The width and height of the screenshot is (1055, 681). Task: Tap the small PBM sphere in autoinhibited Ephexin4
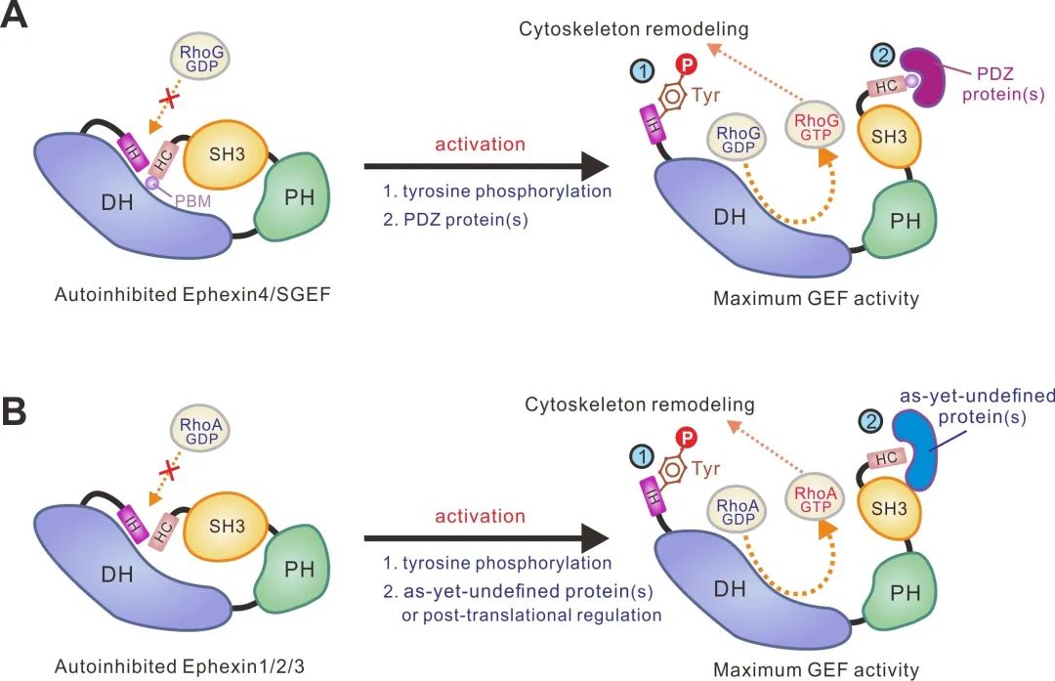tap(152, 183)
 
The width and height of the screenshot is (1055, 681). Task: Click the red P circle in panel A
tap(687, 64)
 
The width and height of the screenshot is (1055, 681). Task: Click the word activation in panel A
tap(481, 145)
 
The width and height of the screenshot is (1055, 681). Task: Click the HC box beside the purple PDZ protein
tap(885, 86)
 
